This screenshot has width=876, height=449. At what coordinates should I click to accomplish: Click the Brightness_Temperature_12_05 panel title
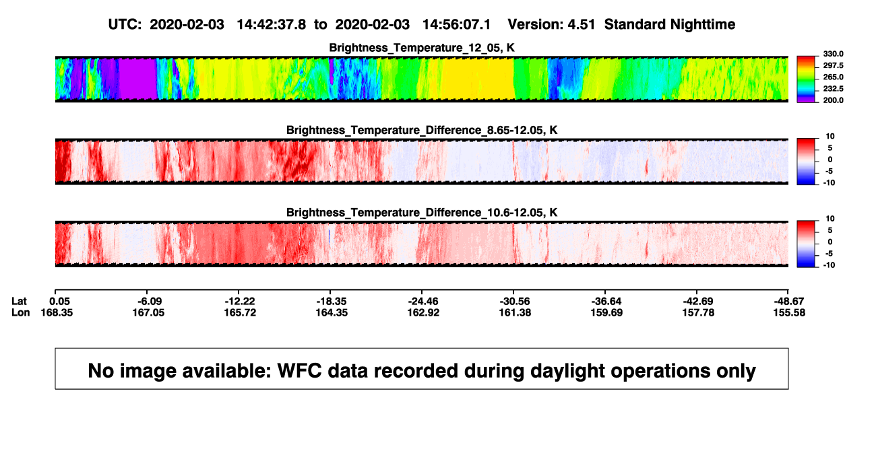pos(422,48)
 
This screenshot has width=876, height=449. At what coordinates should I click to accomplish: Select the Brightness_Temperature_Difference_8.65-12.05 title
pos(422,130)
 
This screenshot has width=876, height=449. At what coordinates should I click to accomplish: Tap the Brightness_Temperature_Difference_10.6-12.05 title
pos(422,213)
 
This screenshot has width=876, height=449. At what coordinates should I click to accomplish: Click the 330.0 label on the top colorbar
pos(833,54)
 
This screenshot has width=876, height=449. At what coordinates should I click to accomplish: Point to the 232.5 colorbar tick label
pos(833,89)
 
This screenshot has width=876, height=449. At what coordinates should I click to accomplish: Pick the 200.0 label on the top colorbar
pos(833,100)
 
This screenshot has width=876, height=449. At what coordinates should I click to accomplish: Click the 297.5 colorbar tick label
pos(833,66)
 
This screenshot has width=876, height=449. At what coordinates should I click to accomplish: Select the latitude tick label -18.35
pos(332,302)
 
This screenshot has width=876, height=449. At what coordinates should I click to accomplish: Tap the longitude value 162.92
pos(423,312)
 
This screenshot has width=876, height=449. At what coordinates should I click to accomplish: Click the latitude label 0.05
pos(59,302)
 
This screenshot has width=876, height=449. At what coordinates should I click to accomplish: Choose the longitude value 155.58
pos(789,312)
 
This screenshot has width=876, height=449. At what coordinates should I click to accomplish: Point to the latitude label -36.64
pos(606,302)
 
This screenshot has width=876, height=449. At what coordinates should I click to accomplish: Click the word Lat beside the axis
pos(19,302)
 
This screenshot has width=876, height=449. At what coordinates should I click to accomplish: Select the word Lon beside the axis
pos(20,312)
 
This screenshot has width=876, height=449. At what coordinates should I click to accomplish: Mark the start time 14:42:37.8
pos(272,24)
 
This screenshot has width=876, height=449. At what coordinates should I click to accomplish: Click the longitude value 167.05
pos(148,312)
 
